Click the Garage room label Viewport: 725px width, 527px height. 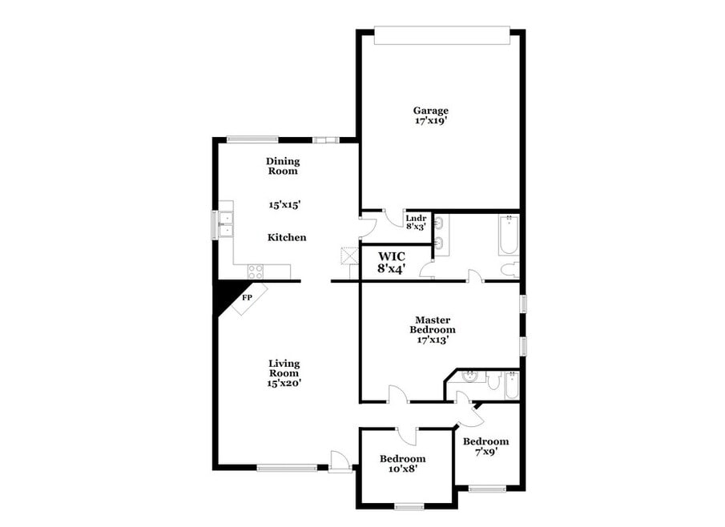pos(430,111)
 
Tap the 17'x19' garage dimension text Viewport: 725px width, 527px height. pos(431,121)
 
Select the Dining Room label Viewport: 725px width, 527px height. pos(283,166)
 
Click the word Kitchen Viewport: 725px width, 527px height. pos(287,237)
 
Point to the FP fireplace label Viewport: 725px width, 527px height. pos(247,298)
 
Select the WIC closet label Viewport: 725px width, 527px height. pos(392,256)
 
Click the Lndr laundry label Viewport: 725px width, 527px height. pos(416,218)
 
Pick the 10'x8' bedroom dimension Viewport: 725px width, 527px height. pos(402,469)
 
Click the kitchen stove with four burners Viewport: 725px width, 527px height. pos(256,272)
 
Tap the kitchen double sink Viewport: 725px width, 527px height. pos(227,224)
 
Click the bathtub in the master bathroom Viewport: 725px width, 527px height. pos(509,235)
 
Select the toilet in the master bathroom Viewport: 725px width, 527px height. pos(510,270)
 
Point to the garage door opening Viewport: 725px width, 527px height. pos(442,35)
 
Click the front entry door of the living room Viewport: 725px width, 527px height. pos(337,462)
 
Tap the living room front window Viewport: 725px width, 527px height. pos(287,468)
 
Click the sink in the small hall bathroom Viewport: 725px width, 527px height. pos(469,376)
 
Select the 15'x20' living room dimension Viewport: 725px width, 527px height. pos(284,383)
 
